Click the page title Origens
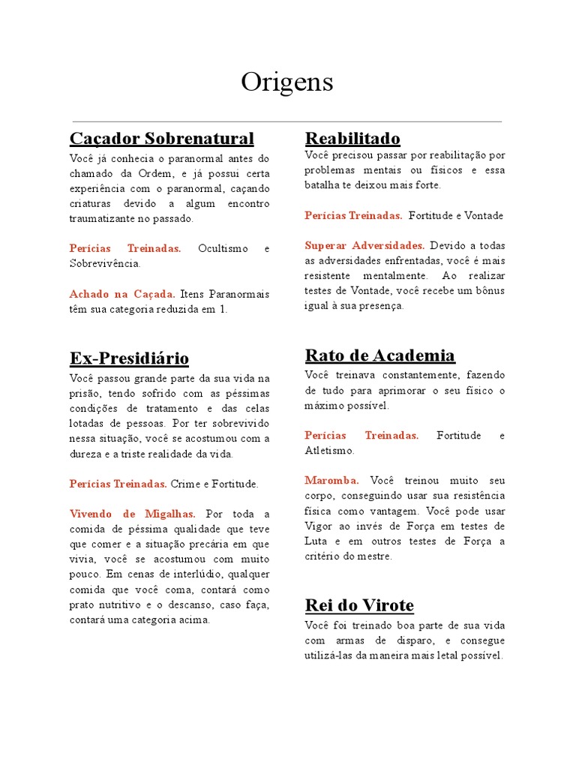pyautogui.click(x=286, y=82)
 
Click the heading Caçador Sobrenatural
pyautogui.click(x=162, y=139)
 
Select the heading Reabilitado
pyautogui.click(x=352, y=139)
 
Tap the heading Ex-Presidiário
pyautogui.click(x=129, y=358)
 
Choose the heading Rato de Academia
pyautogui.click(x=380, y=355)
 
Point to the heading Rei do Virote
pyautogui.click(x=359, y=605)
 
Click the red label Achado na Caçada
pyautogui.click(x=122, y=294)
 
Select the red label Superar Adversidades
pyautogui.click(x=364, y=245)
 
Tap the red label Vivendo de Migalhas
pyautogui.click(x=132, y=514)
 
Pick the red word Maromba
pyautogui.click(x=331, y=480)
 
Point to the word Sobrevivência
pyautogui.click(x=104, y=264)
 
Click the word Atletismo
pyautogui.click(x=329, y=451)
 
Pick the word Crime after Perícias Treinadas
pyautogui.click(x=184, y=484)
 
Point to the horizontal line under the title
pyautogui.click(x=286, y=121)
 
